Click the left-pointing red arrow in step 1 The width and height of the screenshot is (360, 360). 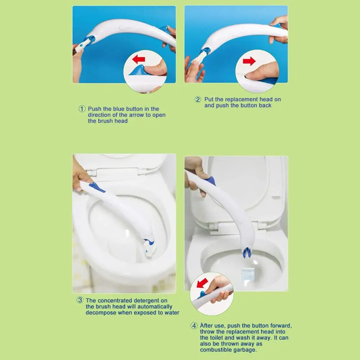tap(139, 59)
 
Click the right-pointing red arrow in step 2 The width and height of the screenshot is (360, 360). tap(249, 61)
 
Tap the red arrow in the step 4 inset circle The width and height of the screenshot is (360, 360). tap(202, 283)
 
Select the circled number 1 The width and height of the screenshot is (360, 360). tap(82, 109)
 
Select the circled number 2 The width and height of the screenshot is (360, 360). tap(198, 99)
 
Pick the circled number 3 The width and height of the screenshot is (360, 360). tap(80, 300)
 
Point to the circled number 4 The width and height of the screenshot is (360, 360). tap(194, 325)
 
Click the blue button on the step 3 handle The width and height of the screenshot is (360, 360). tap(96, 187)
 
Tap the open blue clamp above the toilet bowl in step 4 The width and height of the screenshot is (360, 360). tap(246, 253)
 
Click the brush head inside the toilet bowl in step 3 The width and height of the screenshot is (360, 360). tap(149, 247)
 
